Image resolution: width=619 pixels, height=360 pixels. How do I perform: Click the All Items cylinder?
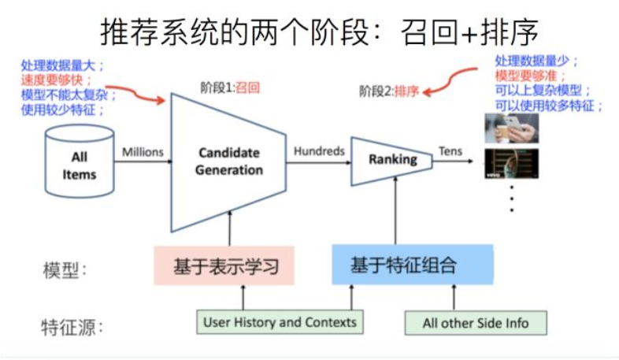[x=80, y=164]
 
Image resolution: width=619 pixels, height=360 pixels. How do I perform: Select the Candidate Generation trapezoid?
[x=228, y=161]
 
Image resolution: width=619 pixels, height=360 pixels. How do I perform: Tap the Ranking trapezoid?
[x=391, y=160]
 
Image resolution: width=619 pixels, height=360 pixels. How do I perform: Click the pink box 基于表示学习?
[x=224, y=266]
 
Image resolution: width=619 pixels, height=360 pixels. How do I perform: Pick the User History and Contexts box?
[x=280, y=322]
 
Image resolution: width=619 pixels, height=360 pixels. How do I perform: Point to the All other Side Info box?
[x=475, y=323]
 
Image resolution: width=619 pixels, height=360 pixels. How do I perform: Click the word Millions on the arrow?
[x=143, y=151]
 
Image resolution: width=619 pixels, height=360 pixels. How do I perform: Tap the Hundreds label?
[x=319, y=150]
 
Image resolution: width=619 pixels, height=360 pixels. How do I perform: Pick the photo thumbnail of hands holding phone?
[x=511, y=128]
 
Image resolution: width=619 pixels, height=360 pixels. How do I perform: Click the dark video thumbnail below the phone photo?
[x=511, y=162]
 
